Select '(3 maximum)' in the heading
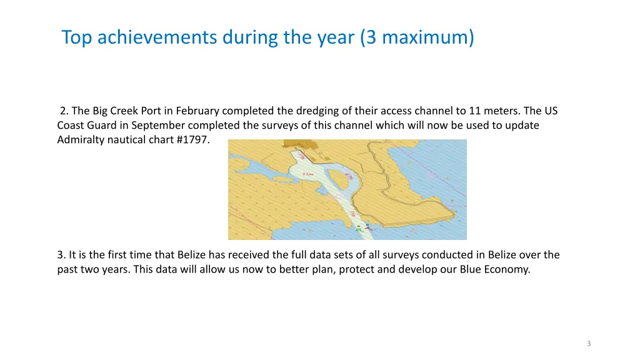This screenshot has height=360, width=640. (417, 38)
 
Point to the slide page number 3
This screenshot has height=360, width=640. (589, 344)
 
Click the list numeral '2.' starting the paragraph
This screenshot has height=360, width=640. (64, 111)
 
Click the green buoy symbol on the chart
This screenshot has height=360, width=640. (358, 230)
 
